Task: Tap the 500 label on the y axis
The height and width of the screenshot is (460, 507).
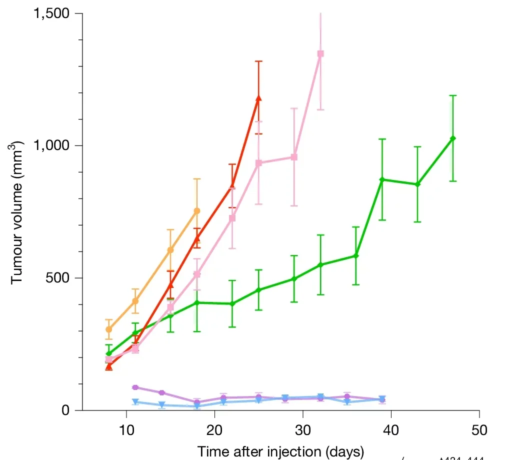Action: point(59,278)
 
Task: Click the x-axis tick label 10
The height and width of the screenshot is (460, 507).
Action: point(126,429)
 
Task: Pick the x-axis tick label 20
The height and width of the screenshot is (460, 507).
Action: point(214,429)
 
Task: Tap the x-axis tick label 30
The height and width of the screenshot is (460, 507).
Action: point(303,429)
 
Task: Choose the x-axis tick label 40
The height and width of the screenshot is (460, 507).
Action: point(391,429)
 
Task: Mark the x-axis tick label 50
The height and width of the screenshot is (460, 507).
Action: point(479,429)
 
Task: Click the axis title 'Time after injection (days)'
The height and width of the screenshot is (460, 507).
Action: point(279,451)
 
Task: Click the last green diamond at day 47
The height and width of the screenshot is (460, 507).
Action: point(453,138)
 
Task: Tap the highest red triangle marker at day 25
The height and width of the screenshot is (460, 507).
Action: point(258,98)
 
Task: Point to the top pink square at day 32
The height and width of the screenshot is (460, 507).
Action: point(320,53)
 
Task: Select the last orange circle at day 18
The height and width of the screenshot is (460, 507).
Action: point(197,210)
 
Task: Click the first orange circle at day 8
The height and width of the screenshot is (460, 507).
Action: point(108,329)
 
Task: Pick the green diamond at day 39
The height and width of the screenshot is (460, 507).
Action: point(382,179)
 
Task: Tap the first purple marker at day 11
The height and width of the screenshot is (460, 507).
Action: point(135,387)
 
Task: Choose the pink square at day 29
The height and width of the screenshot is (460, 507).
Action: point(294,157)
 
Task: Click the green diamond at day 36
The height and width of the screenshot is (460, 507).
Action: point(356,255)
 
